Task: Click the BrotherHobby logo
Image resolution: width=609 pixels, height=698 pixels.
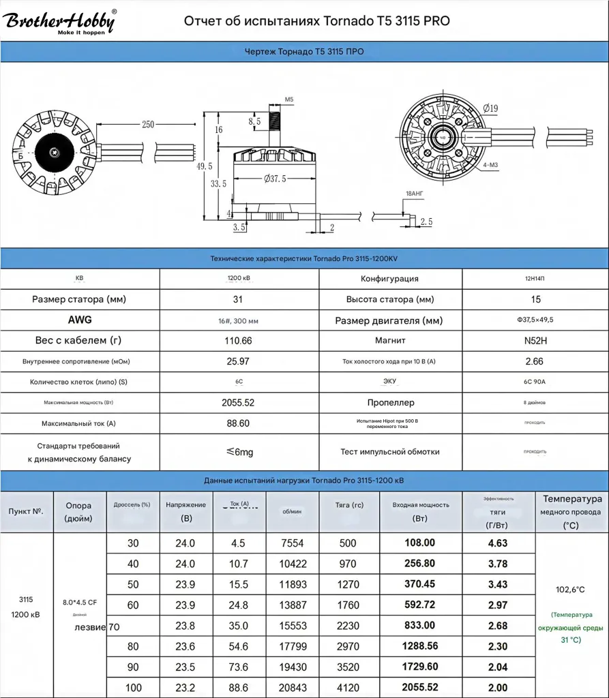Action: pos(61,22)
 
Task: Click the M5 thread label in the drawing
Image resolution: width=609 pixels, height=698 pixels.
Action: pos(288,100)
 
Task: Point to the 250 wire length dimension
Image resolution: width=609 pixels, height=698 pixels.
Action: pos(147,124)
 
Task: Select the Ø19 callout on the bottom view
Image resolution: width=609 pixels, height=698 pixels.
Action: pos(490,108)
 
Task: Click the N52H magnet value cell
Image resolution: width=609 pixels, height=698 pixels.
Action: pos(535,340)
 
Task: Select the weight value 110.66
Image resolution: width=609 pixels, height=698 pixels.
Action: pos(237,340)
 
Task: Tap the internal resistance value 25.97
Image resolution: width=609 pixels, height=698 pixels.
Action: pos(237,361)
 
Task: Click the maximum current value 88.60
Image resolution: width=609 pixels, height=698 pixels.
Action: pos(237,423)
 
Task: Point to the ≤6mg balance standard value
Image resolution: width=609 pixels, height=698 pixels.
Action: pos(239,452)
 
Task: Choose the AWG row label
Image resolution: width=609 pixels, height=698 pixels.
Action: pos(80,320)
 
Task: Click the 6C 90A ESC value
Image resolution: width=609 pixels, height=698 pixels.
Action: pos(535,382)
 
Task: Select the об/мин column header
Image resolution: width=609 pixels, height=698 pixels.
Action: pos(293,511)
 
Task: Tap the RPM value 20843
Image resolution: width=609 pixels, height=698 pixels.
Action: pos(293,687)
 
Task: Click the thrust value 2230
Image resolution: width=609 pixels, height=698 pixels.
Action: pos(347,625)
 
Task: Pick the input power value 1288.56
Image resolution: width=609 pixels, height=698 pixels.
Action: pos(420,646)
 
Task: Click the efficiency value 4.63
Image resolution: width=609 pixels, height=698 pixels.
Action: pos(498,543)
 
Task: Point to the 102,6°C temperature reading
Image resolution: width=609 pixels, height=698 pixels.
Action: pos(571,590)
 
